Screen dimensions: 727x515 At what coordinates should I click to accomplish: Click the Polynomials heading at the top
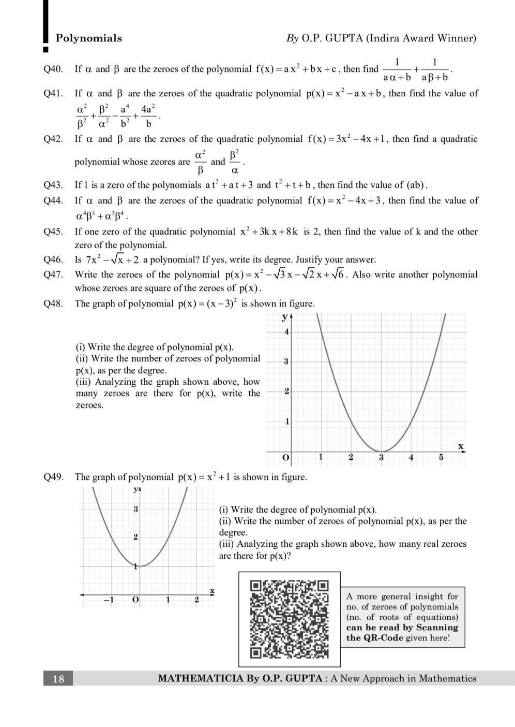pos(88,38)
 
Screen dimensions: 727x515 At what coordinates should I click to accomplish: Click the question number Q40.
pos(53,69)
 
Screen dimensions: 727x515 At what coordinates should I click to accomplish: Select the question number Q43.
pos(53,185)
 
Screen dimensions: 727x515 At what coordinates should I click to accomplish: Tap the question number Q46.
pos(53,259)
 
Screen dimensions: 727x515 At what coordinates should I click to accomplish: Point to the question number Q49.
pos(53,477)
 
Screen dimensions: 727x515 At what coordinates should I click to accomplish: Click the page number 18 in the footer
pos(58,679)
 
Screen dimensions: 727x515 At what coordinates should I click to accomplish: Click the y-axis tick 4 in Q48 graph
pos(286,331)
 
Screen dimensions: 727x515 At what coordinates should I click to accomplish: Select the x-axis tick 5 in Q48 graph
pos(441,457)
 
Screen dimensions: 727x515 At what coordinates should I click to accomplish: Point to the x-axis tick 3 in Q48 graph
pos(381,457)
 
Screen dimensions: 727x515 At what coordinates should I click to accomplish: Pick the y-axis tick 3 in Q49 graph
pos(135,509)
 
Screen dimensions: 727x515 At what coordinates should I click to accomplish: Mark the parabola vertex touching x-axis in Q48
pos(381,452)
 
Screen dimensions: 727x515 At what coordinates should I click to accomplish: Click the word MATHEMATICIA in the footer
pos(201,679)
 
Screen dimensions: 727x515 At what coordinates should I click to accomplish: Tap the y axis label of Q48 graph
pos(284,316)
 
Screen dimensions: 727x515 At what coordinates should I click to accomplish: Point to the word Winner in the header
pos(457,38)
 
